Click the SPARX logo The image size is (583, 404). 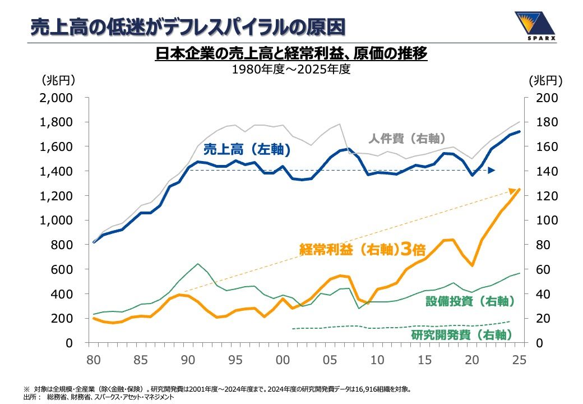tap(535, 25)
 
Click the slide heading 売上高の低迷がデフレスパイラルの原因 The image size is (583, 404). tap(188, 27)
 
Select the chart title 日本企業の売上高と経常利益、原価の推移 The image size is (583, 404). tap(291, 53)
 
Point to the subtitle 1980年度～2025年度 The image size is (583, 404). tap(291, 69)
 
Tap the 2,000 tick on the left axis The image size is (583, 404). tap(56, 98)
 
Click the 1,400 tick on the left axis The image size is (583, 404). tap(56, 171)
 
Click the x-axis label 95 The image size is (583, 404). tap(235, 360)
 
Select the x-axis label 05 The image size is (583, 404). tap(330, 360)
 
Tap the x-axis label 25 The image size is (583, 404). tap(519, 360)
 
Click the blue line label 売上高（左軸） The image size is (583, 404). tap(247, 150)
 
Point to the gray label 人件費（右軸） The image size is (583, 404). tap(407, 139)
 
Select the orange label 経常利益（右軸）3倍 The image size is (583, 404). tap(363, 249)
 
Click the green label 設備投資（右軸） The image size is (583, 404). tap(470, 301)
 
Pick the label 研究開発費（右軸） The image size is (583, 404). tap(462, 335)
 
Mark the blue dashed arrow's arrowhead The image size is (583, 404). tap(492, 171)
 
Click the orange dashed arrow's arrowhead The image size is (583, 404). tap(513, 191)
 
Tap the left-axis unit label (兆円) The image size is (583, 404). tap(58, 80)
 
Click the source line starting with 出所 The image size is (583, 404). tap(99, 397)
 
